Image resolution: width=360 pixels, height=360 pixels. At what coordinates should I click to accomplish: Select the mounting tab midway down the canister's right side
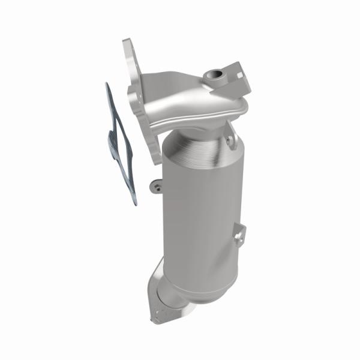tap(239, 235)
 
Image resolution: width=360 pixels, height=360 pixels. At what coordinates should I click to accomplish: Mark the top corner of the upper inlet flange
tap(126, 42)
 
